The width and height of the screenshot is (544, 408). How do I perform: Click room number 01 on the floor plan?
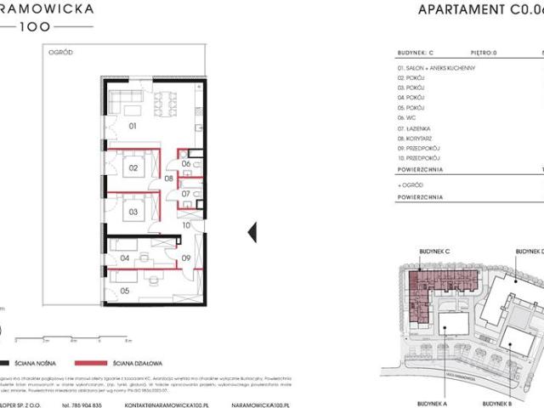coord(133,127)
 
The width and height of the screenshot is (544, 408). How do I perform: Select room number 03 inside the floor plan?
coord(133,209)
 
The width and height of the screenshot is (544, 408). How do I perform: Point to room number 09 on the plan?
coord(184,258)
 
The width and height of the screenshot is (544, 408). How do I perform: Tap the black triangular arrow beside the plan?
coord(251,231)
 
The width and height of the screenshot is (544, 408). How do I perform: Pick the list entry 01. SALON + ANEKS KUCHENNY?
coord(435,67)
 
